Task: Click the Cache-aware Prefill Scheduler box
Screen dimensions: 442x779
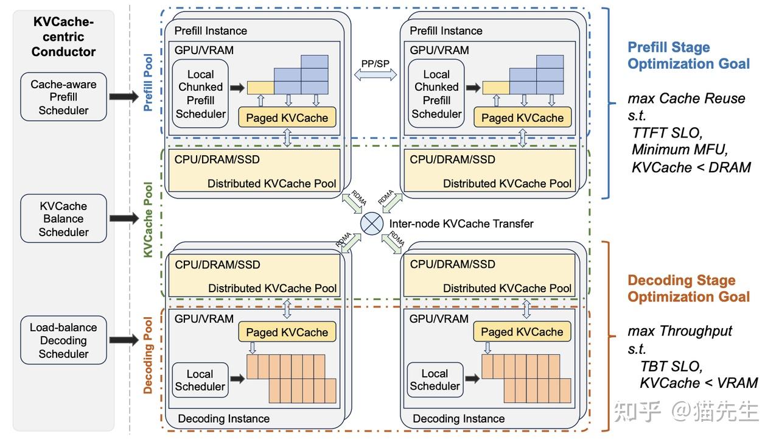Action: click(63, 97)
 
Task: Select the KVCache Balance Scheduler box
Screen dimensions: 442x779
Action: click(63, 219)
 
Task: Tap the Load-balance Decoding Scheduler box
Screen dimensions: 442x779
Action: click(63, 340)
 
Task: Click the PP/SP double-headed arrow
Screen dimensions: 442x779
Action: click(375, 74)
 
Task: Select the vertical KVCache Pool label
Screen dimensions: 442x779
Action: click(148, 219)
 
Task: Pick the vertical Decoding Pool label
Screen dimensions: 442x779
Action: click(148, 355)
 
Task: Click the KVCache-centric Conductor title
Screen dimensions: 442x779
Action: click(63, 37)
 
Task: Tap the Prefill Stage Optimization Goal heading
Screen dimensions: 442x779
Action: click(688, 55)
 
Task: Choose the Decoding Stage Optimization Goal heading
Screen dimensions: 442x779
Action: click(688, 289)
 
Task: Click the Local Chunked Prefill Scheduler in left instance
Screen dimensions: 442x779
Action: click(200, 94)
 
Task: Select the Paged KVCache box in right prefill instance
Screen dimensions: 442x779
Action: click(522, 118)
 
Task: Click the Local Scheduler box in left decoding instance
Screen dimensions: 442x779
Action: click(200, 380)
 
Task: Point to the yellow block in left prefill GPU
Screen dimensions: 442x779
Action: click(260, 88)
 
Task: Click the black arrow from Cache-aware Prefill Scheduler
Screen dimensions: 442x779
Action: click(125, 97)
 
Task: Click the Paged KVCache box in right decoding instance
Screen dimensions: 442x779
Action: click(522, 332)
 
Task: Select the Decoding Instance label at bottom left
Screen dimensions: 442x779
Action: click(223, 419)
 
